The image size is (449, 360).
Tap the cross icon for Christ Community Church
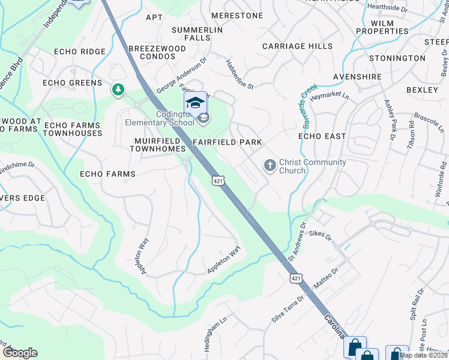click(x=270, y=165)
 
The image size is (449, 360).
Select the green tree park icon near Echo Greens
click(x=118, y=90)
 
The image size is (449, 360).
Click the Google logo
click(x=20, y=353)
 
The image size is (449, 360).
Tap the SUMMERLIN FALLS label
click(x=197, y=34)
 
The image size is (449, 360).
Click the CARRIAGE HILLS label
click(x=298, y=46)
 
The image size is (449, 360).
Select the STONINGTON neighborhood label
click(x=397, y=58)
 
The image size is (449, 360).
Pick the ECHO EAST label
click(x=322, y=136)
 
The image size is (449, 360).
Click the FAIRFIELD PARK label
click(x=228, y=142)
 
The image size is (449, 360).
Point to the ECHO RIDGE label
click(x=80, y=52)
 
